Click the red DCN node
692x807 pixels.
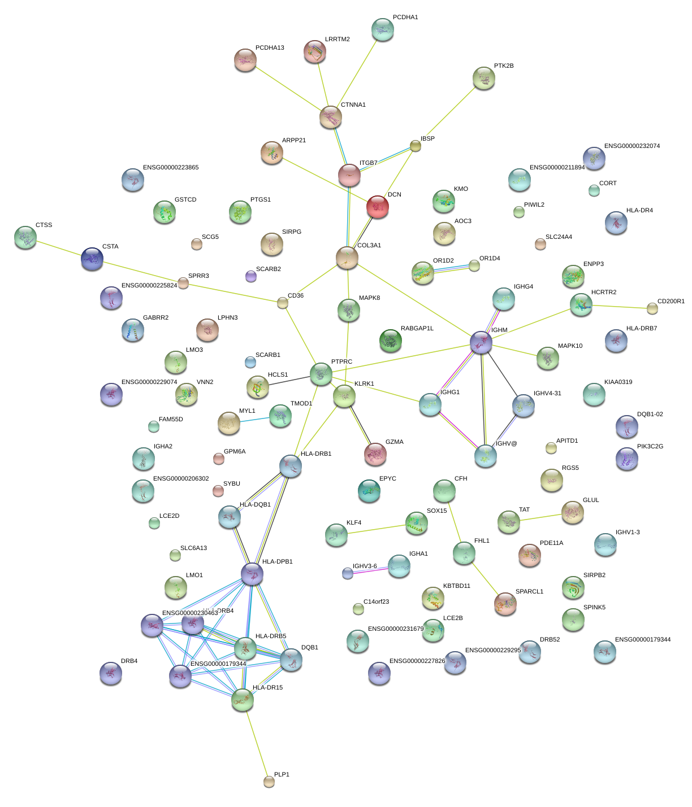377,207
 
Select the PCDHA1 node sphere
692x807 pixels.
383,29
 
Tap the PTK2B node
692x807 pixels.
483,78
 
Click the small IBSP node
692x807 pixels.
416,146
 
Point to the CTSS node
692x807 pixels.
25,237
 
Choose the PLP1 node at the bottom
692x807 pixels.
269,782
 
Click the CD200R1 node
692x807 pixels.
652,308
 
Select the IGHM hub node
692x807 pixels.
481,342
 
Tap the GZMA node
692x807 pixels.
375,454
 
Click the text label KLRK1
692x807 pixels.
364,384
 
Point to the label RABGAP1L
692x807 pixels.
417,329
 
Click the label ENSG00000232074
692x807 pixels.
632,146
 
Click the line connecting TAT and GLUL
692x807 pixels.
540,517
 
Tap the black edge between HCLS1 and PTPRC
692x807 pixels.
289,380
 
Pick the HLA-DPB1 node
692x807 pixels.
252,574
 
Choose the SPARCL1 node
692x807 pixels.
505,604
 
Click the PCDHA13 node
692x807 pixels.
245,60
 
